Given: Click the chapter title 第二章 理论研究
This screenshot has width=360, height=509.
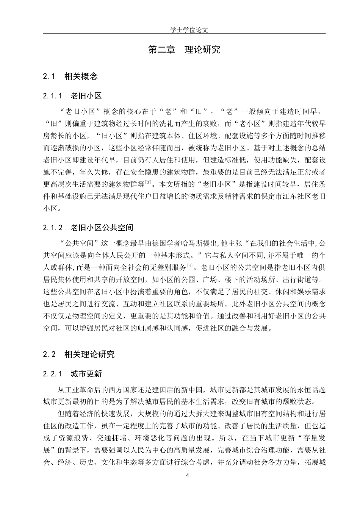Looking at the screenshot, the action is pyautogui.click(x=184, y=50).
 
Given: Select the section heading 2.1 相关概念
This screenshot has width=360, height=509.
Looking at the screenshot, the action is pyautogui.click(x=70, y=76).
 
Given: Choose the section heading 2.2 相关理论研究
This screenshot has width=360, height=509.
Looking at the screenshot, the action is pyautogui.click(x=79, y=354).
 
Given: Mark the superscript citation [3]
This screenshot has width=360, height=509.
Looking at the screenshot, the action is pyautogui.click(x=148, y=183).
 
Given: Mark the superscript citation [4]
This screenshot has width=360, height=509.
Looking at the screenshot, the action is pyautogui.click(x=190, y=265).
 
